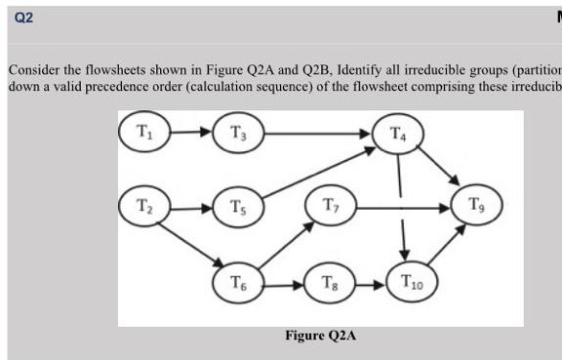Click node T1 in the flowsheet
[144, 131]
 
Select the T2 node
[144, 208]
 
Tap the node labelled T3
[239, 131]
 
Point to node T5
[239, 208]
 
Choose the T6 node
[239, 284]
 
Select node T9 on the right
[475, 208]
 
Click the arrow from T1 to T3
[191, 131]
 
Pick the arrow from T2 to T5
[191, 208]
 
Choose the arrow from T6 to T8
[284, 284]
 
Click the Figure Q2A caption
[320, 336]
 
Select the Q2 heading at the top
[24, 19]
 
